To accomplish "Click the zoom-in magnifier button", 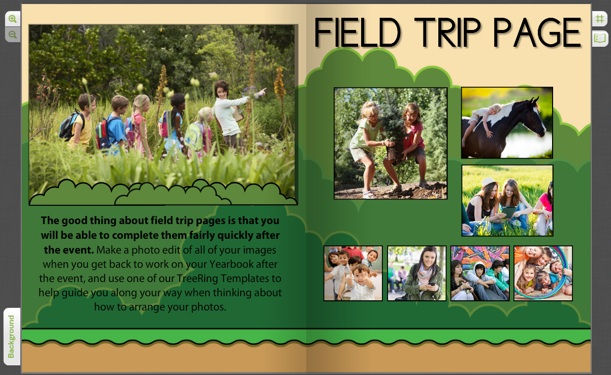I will pyautogui.click(x=13, y=19).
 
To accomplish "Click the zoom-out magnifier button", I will pyautogui.click(x=13, y=35).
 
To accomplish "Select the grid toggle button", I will pyautogui.click(x=600, y=19).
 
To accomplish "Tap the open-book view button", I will pyautogui.click(x=600, y=38).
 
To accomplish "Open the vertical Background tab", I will pyautogui.click(x=12, y=336).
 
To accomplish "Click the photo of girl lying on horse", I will pyautogui.click(x=507, y=122).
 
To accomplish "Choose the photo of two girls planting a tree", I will pyautogui.click(x=390, y=143).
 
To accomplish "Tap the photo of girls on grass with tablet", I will pyautogui.click(x=507, y=200).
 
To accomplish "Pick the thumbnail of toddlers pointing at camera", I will pyautogui.click(x=353, y=273).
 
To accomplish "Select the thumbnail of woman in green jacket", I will pyautogui.click(x=416, y=273).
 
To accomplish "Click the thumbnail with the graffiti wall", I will pyautogui.click(x=479, y=273).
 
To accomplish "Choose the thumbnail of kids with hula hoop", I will pyautogui.click(x=543, y=273).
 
